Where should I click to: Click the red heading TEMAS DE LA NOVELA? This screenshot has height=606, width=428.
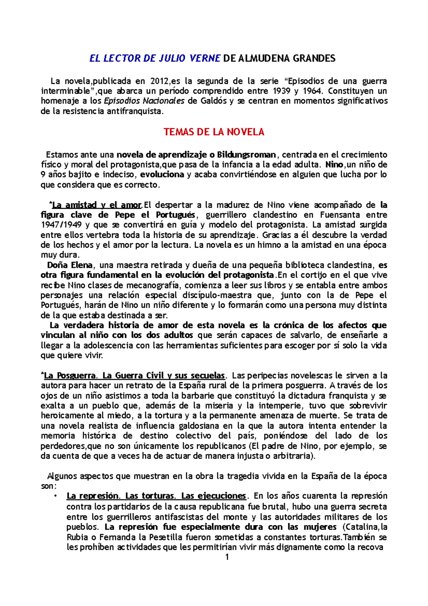214,132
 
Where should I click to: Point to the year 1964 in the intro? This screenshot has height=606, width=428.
311,91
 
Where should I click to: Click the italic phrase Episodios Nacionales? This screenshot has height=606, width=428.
144,101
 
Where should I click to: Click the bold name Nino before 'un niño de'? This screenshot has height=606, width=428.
334,165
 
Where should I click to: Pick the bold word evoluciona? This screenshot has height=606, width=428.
162,175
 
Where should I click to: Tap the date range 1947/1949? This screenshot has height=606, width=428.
61,225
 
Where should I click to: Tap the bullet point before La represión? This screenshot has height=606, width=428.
55,496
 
